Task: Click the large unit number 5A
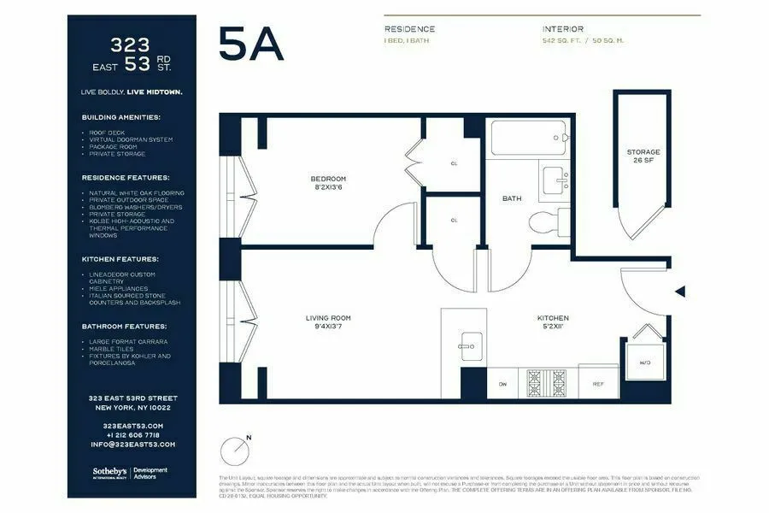pyautogui.click(x=250, y=44)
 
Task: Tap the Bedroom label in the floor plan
pyautogui.click(x=328, y=183)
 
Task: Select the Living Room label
pyautogui.click(x=328, y=322)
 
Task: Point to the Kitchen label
pyautogui.click(x=553, y=322)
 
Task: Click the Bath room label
pyautogui.click(x=512, y=198)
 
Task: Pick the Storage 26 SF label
pyautogui.click(x=643, y=156)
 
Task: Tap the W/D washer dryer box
pyautogui.click(x=643, y=362)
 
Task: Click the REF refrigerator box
pyautogui.click(x=598, y=384)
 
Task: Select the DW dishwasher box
pyautogui.click(x=502, y=384)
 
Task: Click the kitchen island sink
pyautogui.click(x=468, y=345)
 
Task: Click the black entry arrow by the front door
pyautogui.click(x=680, y=292)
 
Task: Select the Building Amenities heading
pyautogui.click(x=120, y=117)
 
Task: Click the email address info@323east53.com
pyautogui.click(x=132, y=445)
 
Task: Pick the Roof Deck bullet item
pyautogui.click(x=107, y=133)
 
